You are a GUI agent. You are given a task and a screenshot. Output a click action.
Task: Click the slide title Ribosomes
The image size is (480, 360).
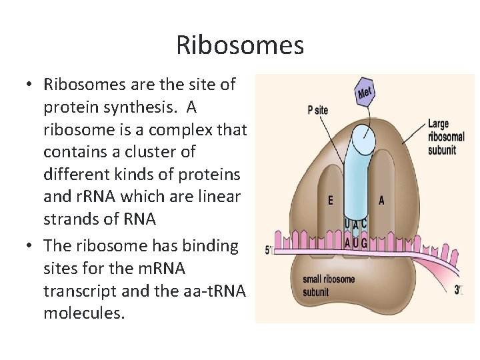tap(240, 45)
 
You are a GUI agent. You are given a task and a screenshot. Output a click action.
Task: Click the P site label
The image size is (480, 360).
tap(318, 111)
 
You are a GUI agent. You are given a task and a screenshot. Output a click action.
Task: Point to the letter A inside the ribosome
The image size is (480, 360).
tap(381, 200)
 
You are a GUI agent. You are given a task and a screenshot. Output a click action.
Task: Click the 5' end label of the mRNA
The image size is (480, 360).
tap(269, 251)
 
